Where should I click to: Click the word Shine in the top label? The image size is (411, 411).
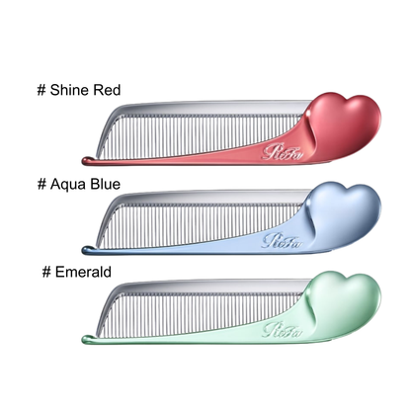click(70, 90)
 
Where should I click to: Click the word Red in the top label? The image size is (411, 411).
click(107, 90)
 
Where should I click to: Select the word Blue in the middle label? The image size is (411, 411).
click(106, 184)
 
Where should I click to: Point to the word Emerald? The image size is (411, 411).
click(83, 272)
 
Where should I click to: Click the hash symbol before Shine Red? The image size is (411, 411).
click(41, 90)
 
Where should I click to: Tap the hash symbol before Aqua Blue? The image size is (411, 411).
click(41, 185)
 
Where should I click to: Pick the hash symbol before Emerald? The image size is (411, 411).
click(46, 272)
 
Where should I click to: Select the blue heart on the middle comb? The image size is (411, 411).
click(344, 215)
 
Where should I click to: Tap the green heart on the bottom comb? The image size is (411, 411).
click(344, 304)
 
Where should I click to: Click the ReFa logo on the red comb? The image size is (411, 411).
click(283, 152)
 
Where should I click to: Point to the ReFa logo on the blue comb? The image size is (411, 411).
click(283, 241)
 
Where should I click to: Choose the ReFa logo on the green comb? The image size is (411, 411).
click(283, 330)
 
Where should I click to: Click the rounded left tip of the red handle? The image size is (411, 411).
click(85, 161)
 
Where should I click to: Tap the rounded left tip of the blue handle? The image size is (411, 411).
click(85, 250)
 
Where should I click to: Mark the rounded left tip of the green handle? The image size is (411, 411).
click(85, 339)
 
